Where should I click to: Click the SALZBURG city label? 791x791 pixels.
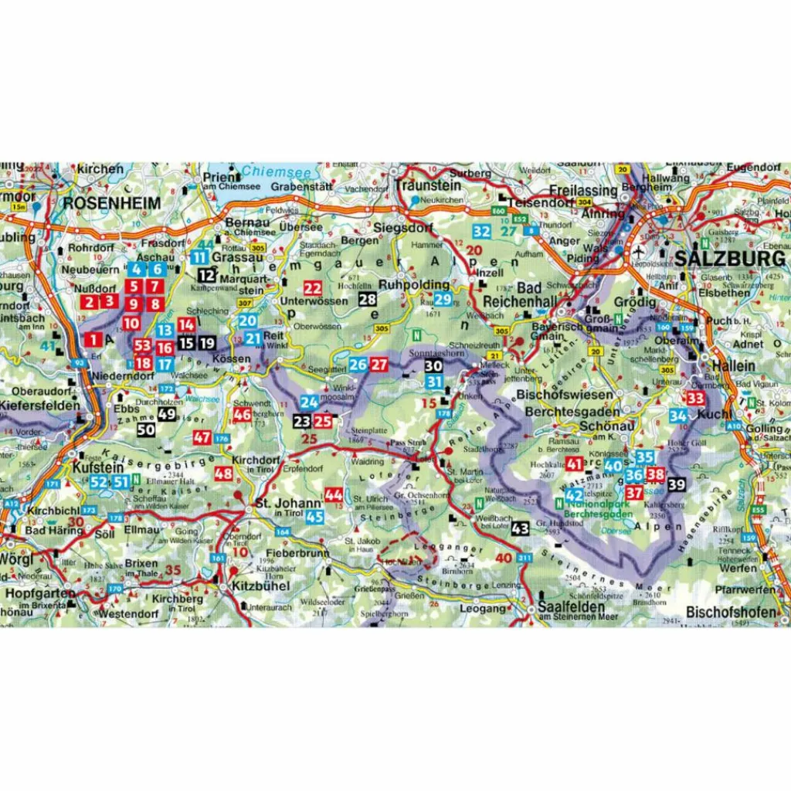(730, 259)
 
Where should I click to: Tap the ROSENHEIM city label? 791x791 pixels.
(112, 203)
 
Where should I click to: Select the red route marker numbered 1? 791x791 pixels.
(93, 338)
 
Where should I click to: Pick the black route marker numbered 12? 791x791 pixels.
(206, 274)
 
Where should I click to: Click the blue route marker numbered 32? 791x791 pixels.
(481, 230)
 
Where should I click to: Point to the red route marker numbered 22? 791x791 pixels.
(312, 287)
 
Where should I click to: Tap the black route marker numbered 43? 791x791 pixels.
(520, 528)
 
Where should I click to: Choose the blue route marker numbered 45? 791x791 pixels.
(314, 517)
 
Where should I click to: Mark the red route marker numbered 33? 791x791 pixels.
(695, 399)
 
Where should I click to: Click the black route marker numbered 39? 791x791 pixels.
(677, 484)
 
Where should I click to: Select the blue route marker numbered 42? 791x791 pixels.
(573, 495)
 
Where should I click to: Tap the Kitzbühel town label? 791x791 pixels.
(260, 586)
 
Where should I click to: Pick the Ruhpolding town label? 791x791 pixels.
(409, 283)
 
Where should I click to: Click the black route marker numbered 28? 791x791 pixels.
(368, 300)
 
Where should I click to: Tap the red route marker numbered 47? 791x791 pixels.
(202, 438)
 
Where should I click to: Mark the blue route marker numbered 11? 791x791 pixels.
(200, 258)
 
